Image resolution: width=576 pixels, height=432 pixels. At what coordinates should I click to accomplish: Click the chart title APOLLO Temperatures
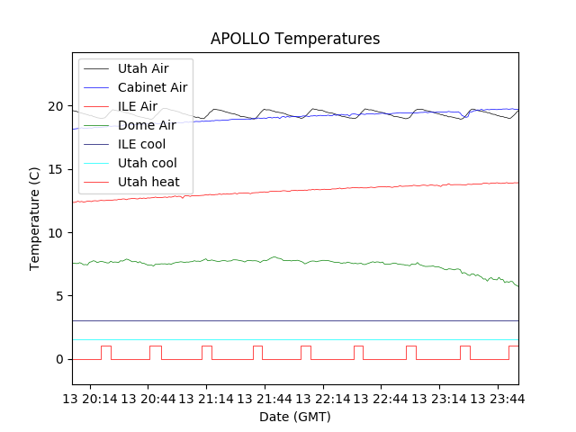click(295, 39)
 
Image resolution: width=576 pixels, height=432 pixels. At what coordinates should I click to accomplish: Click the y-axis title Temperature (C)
click(35, 220)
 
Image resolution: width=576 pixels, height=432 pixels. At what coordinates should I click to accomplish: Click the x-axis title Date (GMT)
click(295, 417)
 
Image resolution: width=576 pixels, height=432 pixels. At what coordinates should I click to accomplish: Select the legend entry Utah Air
click(143, 68)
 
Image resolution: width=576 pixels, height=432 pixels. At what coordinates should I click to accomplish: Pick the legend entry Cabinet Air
click(152, 87)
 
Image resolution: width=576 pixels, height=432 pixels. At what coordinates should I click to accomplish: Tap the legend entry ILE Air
click(138, 106)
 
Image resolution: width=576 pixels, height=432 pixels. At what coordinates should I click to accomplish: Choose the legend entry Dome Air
click(147, 125)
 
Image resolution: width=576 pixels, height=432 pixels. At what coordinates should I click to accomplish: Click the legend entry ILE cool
click(141, 144)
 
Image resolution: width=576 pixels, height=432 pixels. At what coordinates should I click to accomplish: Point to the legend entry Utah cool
click(147, 163)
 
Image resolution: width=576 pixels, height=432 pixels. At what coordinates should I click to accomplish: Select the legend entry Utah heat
click(148, 182)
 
